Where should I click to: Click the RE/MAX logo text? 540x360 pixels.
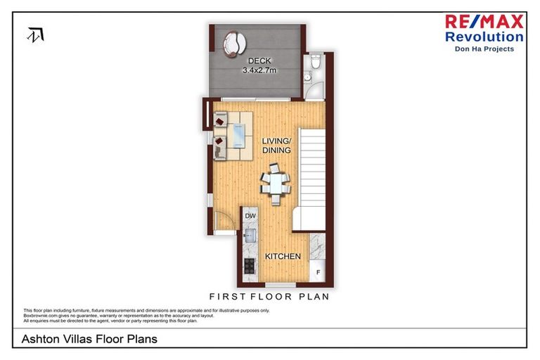click(484, 21)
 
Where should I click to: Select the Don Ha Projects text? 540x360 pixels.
click(484, 49)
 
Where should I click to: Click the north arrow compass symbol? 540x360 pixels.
click(36, 34)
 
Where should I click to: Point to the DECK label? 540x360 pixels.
click(255, 61)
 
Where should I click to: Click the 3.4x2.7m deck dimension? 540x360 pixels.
click(259, 70)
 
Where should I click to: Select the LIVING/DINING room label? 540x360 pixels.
click(276, 146)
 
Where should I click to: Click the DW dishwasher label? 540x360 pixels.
click(251, 217)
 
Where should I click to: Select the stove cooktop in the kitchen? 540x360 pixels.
click(250, 266)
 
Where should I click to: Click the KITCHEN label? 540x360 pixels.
click(283, 257)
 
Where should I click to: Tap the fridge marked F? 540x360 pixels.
click(317, 271)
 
